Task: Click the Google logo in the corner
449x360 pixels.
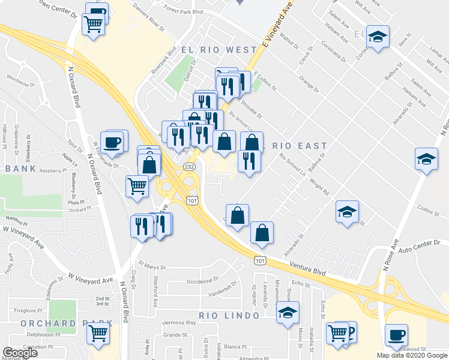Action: tap(20, 353)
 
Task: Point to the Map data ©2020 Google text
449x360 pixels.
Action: tap(412, 355)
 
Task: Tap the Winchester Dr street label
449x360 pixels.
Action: tap(22, 77)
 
